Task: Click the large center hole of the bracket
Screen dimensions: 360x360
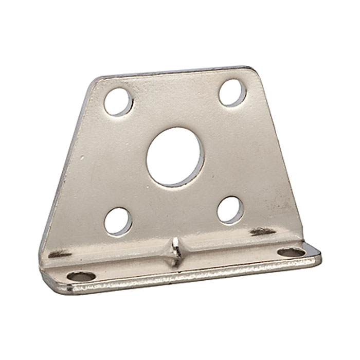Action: [x=175, y=156]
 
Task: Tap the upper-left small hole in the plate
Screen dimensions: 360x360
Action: [x=118, y=101]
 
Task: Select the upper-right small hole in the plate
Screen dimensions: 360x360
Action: [x=232, y=93]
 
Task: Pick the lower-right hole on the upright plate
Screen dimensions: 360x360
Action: [x=229, y=210]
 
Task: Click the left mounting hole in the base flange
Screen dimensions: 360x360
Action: [x=81, y=276]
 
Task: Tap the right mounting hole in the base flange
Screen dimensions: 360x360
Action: [x=291, y=252]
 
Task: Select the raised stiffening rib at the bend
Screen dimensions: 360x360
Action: [x=176, y=251]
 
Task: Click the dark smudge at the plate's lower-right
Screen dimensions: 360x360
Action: [x=262, y=232]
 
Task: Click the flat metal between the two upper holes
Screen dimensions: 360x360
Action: [x=175, y=98]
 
